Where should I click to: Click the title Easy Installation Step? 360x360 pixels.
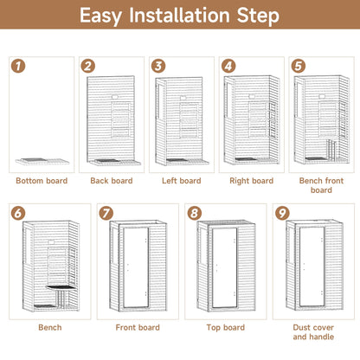click(180, 16)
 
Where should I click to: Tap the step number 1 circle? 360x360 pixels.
click(17, 66)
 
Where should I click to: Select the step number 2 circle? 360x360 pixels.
click(88, 66)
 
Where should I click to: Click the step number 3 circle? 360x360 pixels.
click(158, 66)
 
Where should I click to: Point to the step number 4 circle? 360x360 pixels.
click(228, 66)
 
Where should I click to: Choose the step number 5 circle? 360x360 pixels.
click(299, 66)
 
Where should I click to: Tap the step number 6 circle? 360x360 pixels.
click(17, 213)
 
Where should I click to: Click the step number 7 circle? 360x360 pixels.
click(106, 213)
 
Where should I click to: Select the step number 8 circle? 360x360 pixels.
click(194, 213)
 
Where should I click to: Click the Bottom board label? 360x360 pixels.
click(41, 181)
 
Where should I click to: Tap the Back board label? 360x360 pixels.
click(111, 181)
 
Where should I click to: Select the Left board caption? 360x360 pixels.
click(181, 181)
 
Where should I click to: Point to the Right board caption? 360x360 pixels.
click(251, 181)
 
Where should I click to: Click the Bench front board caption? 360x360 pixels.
click(321, 185)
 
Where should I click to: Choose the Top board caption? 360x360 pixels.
click(225, 328)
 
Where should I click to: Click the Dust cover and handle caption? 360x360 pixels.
click(313, 332)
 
